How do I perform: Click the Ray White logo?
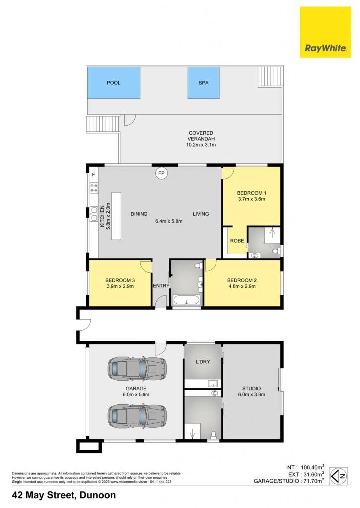pyautogui.click(x=325, y=32)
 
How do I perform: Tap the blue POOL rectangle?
pyautogui.click(x=114, y=83)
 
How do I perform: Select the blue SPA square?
pyautogui.click(x=204, y=83)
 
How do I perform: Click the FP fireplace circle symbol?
pyautogui.click(x=161, y=173)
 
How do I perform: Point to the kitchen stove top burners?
pyautogui.click(x=94, y=188)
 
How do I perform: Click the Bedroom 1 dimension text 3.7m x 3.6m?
pyautogui.click(x=251, y=199)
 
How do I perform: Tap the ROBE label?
pyautogui.click(x=237, y=241)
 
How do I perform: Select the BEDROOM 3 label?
pyautogui.click(x=120, y=280)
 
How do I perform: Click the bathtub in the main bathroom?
pyautogui.click(x=187, y=300)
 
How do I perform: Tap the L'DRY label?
pyautogui.click(x=203, y=362)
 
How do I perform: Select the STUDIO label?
pyautogui.click(x=251, y=388)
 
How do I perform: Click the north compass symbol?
pyautogui.click(x=338, y=476)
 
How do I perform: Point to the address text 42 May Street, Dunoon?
pyautogui.click(x=64, y=495)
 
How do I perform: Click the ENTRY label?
pyautogui.click(x=161, y=286)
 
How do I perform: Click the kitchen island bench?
pyautogui.click(x=116, y=216)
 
